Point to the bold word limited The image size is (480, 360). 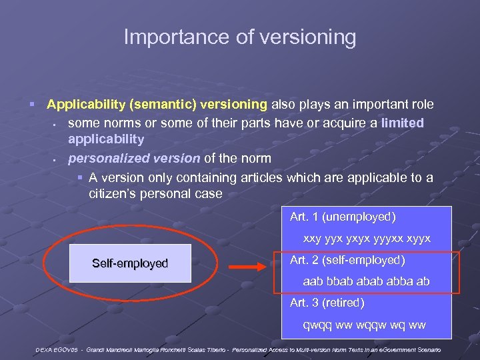tap(402, 123)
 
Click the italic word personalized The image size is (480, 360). tap(101, 158)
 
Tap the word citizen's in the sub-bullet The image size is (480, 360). tap(119, 193)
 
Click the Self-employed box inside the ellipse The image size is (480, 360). tap(130, 263)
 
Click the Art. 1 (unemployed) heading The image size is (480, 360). tap(343, 217)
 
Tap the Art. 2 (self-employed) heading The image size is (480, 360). tap(347, 260)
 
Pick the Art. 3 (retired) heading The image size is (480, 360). tap(327, 303)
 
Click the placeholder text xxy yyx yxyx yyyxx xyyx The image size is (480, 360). tap(367, 238)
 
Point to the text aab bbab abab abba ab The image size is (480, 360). tap(366, 281)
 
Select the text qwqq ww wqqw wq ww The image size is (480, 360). tap(363, 325)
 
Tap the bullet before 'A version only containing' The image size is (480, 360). tap(79, 177)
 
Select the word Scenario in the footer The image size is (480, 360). tap(427, 349)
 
